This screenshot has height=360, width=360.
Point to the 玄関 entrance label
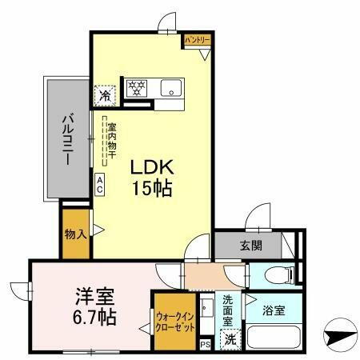tap(250, 246)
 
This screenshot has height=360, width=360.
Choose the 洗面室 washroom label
tap(229, 311)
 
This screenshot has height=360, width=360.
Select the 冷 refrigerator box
tap(106, 95)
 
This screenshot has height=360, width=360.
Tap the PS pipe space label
tap(205, 345)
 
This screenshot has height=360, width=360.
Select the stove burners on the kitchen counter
tap(136, 87)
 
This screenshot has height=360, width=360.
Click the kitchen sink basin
tap(170, 86)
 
